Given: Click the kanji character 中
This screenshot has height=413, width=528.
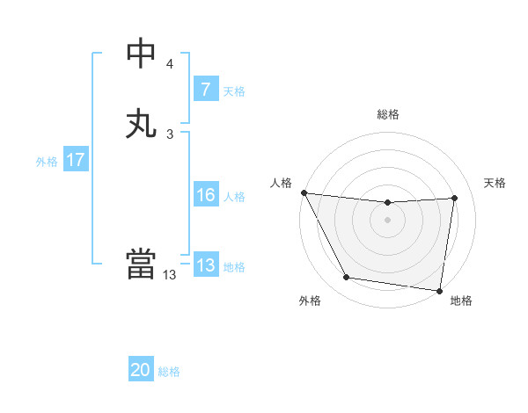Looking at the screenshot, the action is pos(142,54).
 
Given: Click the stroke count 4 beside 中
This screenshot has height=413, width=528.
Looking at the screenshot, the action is pos(170,64).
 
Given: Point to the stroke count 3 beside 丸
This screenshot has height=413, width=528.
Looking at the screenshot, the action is pos(170,134).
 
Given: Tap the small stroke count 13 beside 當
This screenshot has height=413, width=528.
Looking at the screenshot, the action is pos(170,275).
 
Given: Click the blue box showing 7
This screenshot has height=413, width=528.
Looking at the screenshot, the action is pos(205,90).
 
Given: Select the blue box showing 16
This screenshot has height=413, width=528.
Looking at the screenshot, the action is pos(205,196).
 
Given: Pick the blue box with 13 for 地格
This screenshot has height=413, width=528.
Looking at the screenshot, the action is pos(205,265).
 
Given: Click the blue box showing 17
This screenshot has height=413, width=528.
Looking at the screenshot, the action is pos(75,160).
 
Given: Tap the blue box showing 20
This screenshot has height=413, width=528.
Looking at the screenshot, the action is pos(141,371).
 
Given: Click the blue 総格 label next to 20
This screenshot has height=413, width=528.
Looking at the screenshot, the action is pos(169,372).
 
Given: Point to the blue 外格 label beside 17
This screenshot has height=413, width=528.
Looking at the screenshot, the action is pos(47,161).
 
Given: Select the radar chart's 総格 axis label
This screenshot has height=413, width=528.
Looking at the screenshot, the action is pos(388,114).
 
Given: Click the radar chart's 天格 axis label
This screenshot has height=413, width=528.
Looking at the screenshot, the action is pos(495,183).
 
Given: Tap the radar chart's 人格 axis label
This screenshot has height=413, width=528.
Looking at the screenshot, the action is pos(281,183).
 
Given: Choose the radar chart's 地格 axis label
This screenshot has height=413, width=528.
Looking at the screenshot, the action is pos(461,301).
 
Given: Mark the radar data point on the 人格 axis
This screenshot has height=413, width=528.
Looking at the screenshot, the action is pos(304,192).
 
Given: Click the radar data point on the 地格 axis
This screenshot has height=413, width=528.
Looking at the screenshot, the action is pos(440,290).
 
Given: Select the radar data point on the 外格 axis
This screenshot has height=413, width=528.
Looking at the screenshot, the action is pos(347,279).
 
